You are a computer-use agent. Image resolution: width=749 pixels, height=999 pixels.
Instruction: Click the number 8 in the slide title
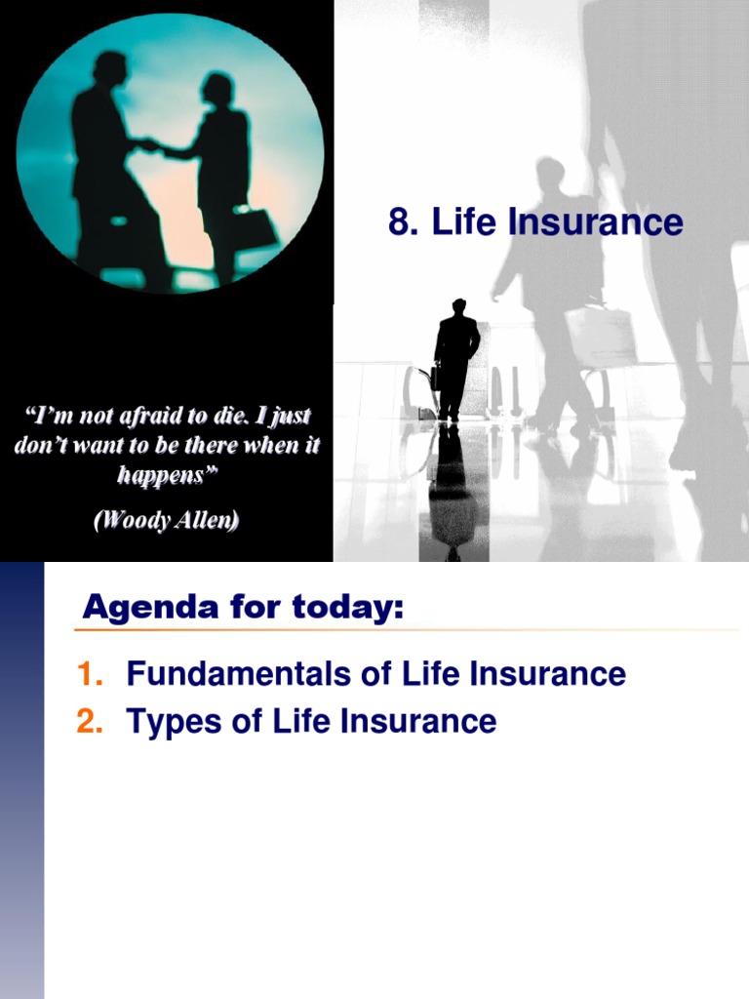399,223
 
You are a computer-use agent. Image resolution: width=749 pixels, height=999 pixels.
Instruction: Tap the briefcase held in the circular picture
252,228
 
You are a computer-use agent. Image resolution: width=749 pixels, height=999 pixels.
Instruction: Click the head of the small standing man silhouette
458,305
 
